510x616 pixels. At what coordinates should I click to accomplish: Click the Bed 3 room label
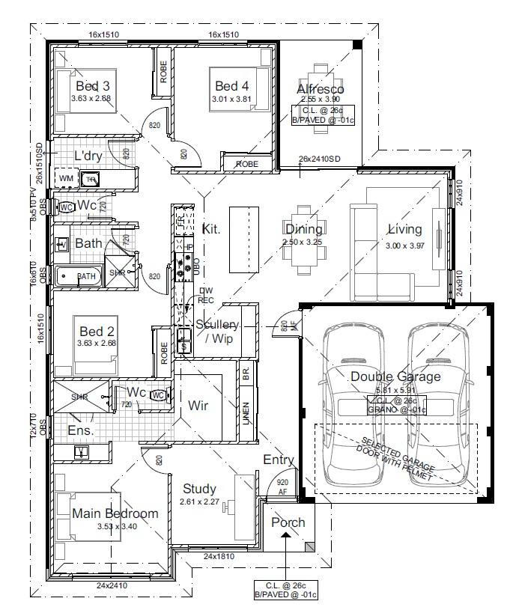(91, 85)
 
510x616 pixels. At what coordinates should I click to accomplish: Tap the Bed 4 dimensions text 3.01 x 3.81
(232, 98)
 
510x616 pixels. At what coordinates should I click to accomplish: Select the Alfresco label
(320, 89)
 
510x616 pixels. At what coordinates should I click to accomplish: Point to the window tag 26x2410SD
(319, 159)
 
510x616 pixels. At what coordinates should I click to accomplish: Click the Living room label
(404, 229)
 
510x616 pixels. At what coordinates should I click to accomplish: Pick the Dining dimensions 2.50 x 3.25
(303, 243)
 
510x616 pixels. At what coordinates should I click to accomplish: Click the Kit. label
(211, 228)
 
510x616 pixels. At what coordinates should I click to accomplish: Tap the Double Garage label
(395, 376)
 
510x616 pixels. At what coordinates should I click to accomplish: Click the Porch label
(288, 522)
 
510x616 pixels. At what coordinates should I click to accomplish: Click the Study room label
(199, 489)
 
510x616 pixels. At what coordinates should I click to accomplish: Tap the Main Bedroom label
(115, 513)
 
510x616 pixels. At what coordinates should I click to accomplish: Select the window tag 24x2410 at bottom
(112, 585)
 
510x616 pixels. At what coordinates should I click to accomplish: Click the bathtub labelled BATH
(79, 276)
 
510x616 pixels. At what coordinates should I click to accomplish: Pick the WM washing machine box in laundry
(65, 179)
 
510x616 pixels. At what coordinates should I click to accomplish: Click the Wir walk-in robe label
(198, 406)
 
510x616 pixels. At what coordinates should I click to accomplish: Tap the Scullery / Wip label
(217, 330)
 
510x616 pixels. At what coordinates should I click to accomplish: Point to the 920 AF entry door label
(282, 487)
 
